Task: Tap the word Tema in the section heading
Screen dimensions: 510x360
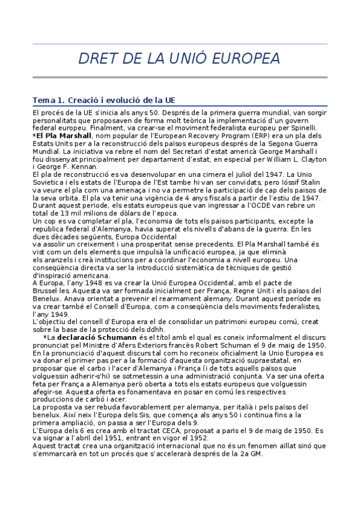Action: [x=43, y=100]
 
